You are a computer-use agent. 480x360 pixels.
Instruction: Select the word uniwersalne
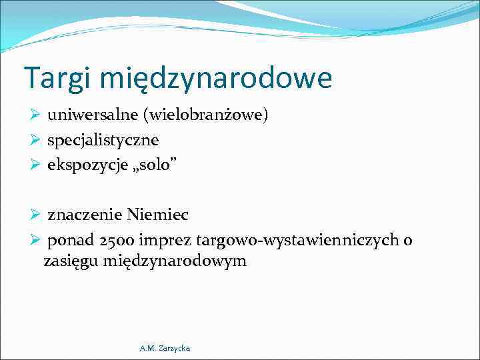pos(91,116)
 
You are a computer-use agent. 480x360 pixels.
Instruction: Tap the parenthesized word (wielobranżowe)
pos(205,116)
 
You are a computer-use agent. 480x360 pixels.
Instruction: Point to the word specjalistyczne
pos(103,140)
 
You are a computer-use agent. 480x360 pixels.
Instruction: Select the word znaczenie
pos(83,215)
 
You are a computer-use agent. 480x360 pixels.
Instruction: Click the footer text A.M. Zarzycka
pos(165,348)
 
